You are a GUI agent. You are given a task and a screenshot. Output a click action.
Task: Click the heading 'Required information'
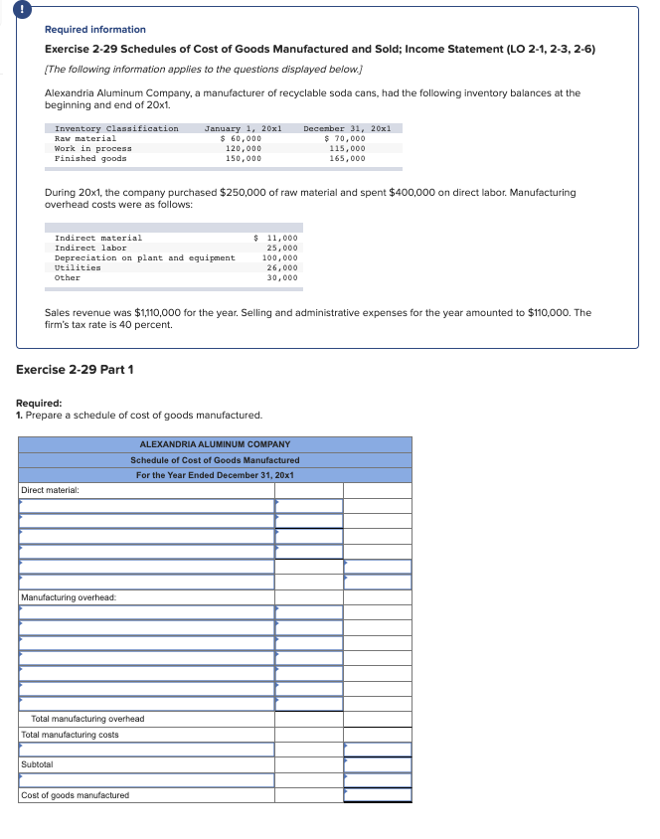[95, 30]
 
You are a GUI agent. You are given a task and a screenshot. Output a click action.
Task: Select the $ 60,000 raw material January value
[242, 138]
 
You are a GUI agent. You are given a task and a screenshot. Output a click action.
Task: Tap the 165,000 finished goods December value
[347, 158]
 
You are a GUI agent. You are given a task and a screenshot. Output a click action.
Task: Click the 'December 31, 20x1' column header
[347, 128]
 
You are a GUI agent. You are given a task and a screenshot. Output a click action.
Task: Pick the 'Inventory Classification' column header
[116, 128]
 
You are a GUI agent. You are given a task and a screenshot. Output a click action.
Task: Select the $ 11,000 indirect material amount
[276, 238]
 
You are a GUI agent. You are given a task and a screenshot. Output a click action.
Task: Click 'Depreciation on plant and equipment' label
[145, 257]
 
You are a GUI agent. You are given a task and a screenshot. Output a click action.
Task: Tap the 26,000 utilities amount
[282, 267]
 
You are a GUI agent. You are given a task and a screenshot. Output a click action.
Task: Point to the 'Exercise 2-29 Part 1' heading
[76, 370]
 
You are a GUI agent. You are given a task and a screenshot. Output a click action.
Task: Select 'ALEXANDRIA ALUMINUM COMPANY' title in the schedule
[215, 444]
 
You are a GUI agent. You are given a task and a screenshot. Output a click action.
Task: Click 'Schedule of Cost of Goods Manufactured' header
[215, 459]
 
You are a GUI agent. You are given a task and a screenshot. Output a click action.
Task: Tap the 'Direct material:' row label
[50, 490]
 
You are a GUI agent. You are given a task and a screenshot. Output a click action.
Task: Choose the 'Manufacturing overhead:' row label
[69, 596]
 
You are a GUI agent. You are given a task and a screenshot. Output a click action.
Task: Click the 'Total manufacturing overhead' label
[87, 719]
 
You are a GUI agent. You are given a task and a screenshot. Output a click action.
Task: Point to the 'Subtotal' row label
[37, 764]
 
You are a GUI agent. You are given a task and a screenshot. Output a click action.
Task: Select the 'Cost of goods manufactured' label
[75, 795]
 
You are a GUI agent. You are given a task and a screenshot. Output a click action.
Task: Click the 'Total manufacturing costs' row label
[70, 735]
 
